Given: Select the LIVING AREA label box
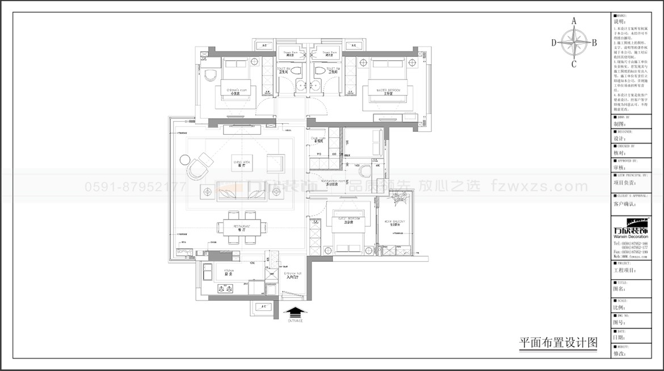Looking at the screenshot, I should pos(242,163).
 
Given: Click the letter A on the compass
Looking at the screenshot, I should pos(574,21).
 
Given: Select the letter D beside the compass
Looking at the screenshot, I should pos(553,42).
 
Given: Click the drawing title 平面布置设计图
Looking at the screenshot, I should pos(558,343).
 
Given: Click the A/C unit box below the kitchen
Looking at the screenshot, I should pos(263,307).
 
